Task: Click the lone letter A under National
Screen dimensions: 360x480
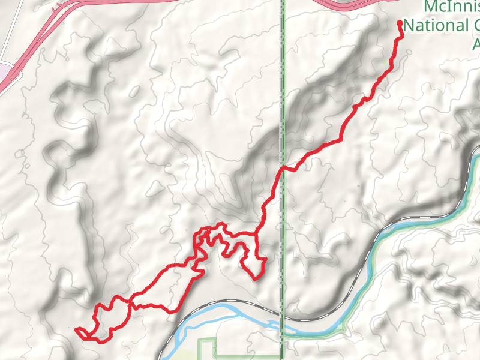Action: tap(476, 44)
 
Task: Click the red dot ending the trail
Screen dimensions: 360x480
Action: tap(400, 23)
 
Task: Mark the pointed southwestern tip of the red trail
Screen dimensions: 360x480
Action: tap(76, 329)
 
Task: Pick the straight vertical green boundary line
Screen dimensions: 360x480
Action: tap(282, 90)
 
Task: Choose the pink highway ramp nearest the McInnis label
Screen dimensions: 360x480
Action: tap(342, 5)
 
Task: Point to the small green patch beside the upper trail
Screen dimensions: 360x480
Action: tap(385, 62)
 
